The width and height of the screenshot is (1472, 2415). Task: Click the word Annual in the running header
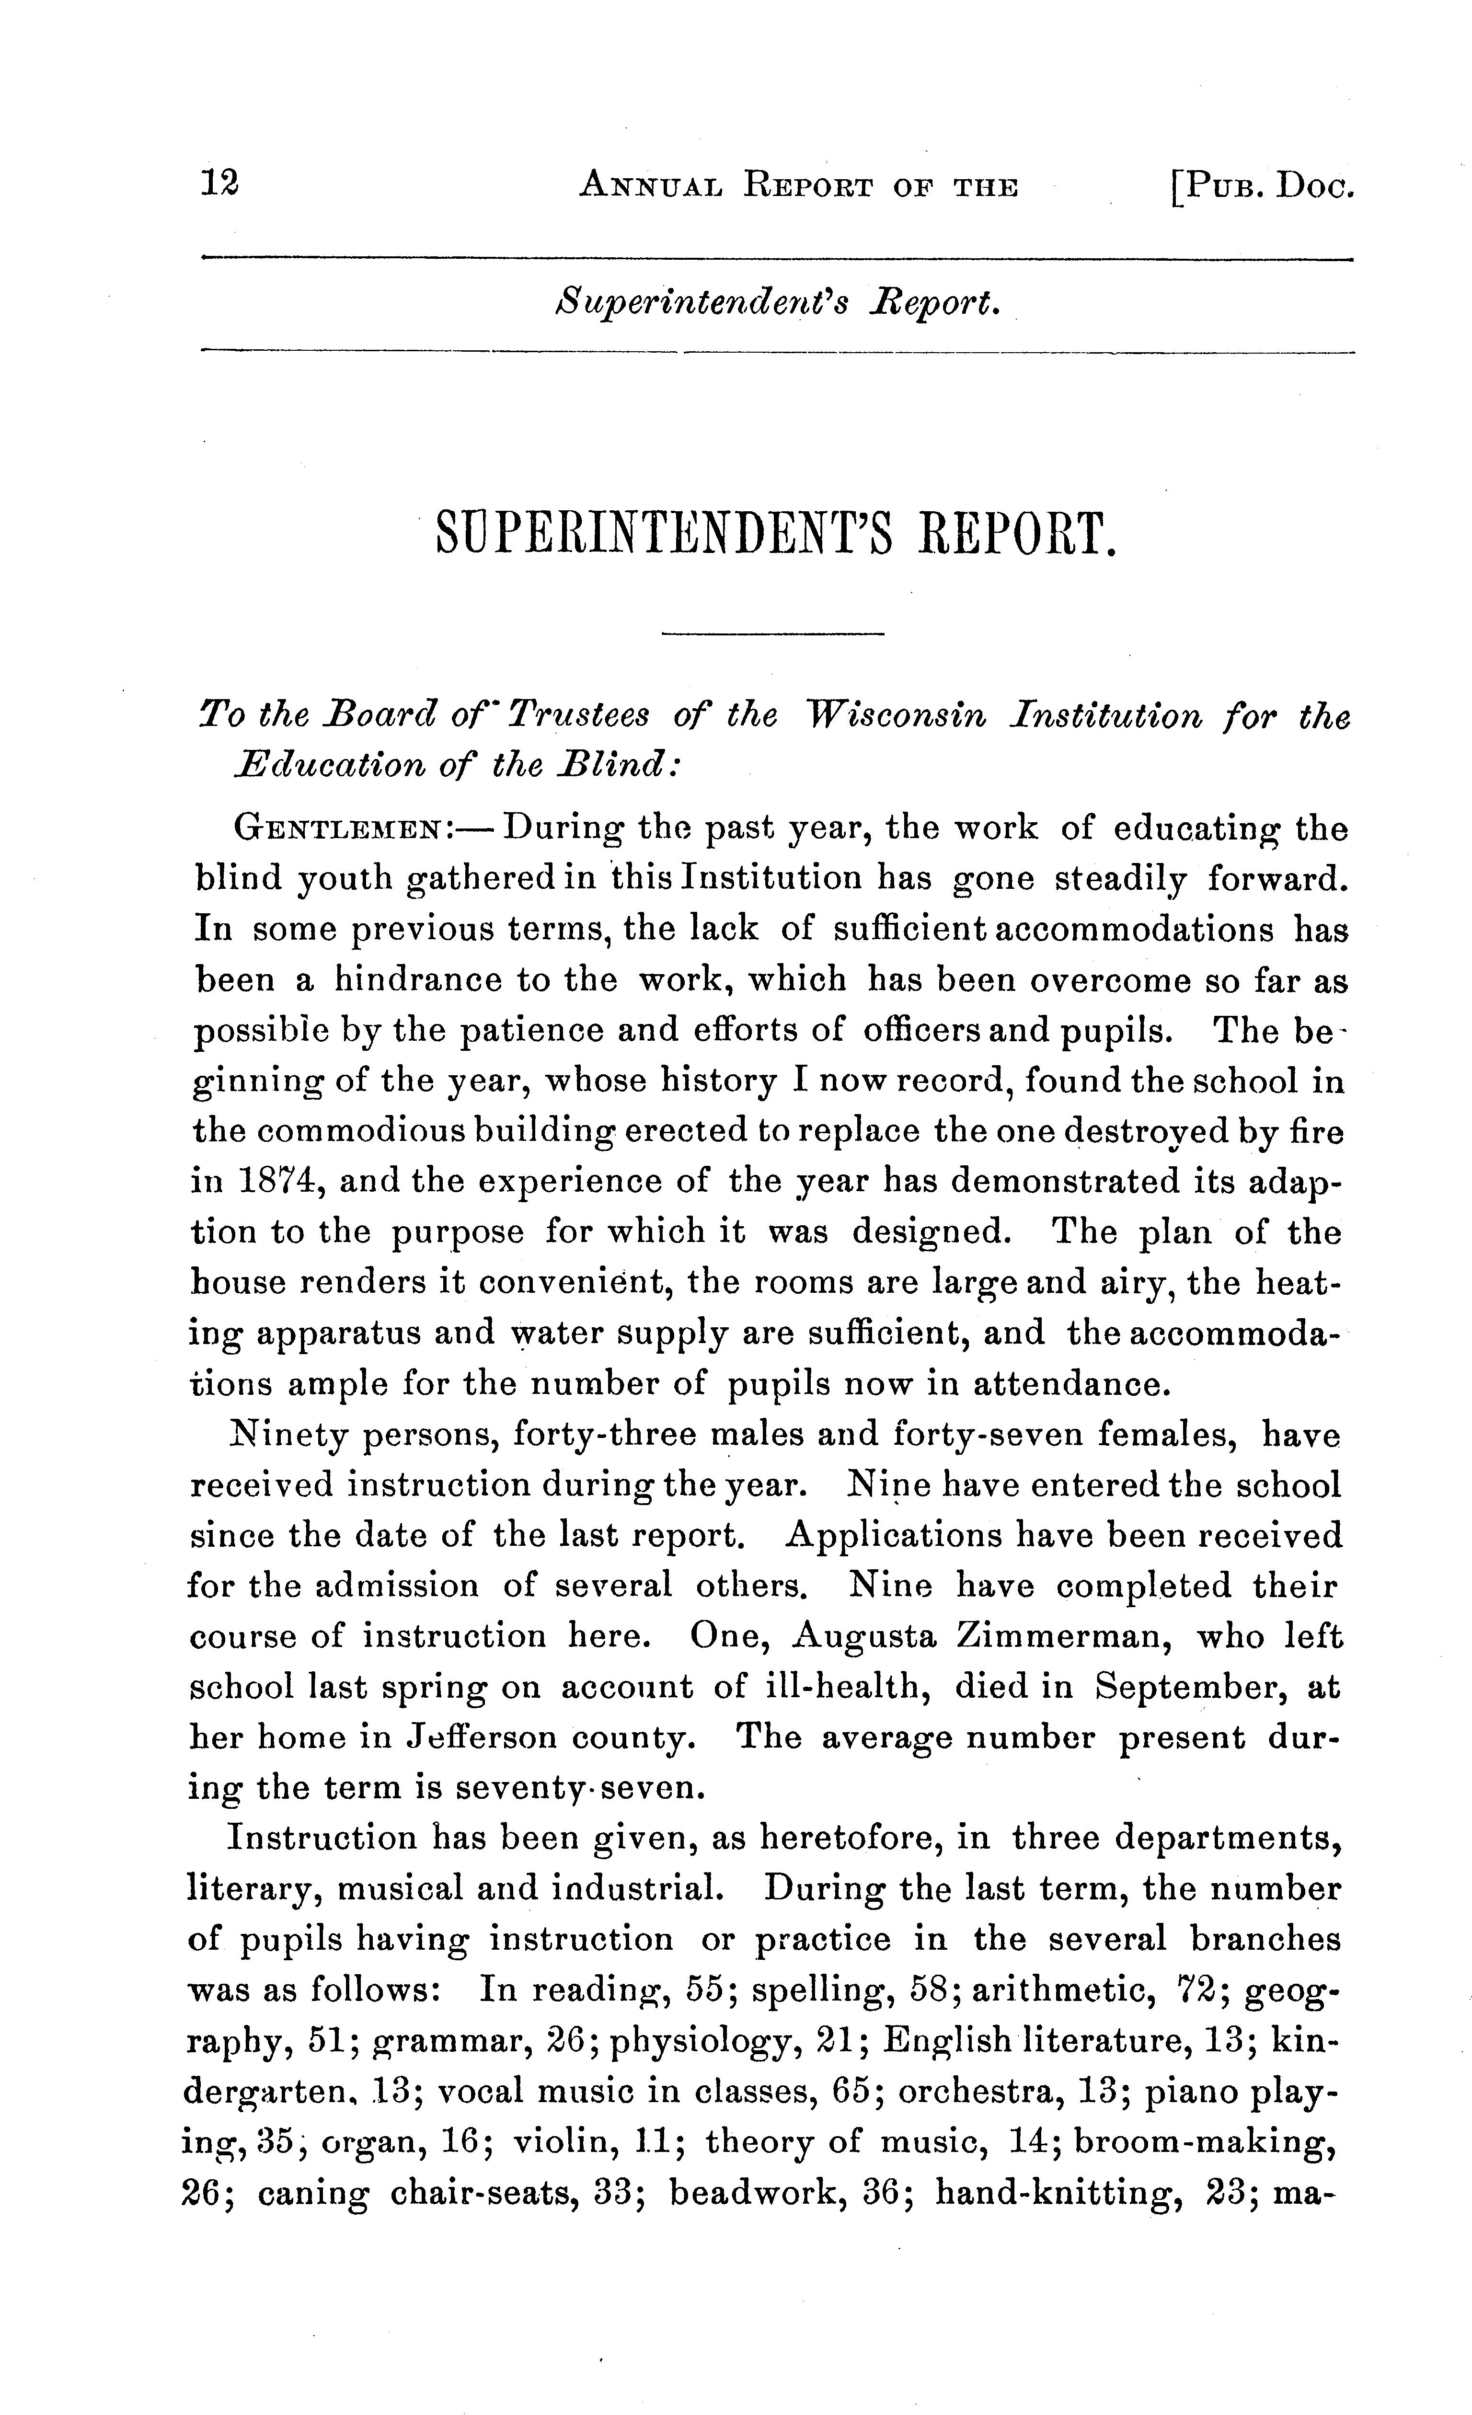651,185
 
